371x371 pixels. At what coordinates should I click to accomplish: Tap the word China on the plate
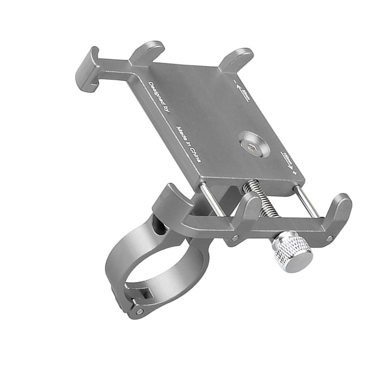pyautogui.click(x=195, y=154)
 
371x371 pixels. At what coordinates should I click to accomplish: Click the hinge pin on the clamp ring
pyautogui.click(x=140, y=311)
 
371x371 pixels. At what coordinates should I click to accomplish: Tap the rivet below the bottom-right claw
pyautogui.click(x=329, y=239)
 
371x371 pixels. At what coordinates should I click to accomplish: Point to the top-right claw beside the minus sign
pyautogui.click(x=236, y=58)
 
